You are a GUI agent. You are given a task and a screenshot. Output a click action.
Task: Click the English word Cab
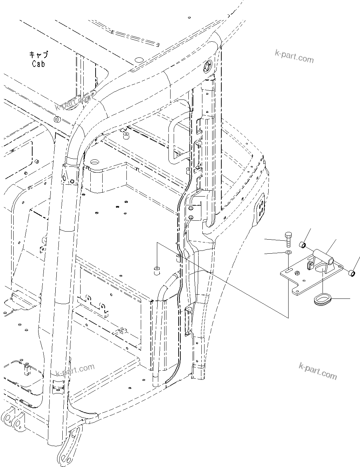[x=39, y=64]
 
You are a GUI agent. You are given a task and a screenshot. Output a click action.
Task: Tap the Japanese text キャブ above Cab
[x=39, y=55]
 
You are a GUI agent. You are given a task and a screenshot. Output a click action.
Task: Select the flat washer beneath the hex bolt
[x=288, y=253]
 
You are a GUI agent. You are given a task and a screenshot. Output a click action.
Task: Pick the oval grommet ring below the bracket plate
[x=321, y=299]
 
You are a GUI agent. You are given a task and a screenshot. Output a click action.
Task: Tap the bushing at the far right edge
[x=353, y=272]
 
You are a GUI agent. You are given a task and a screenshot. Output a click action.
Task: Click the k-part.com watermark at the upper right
[x=294, y=56]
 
